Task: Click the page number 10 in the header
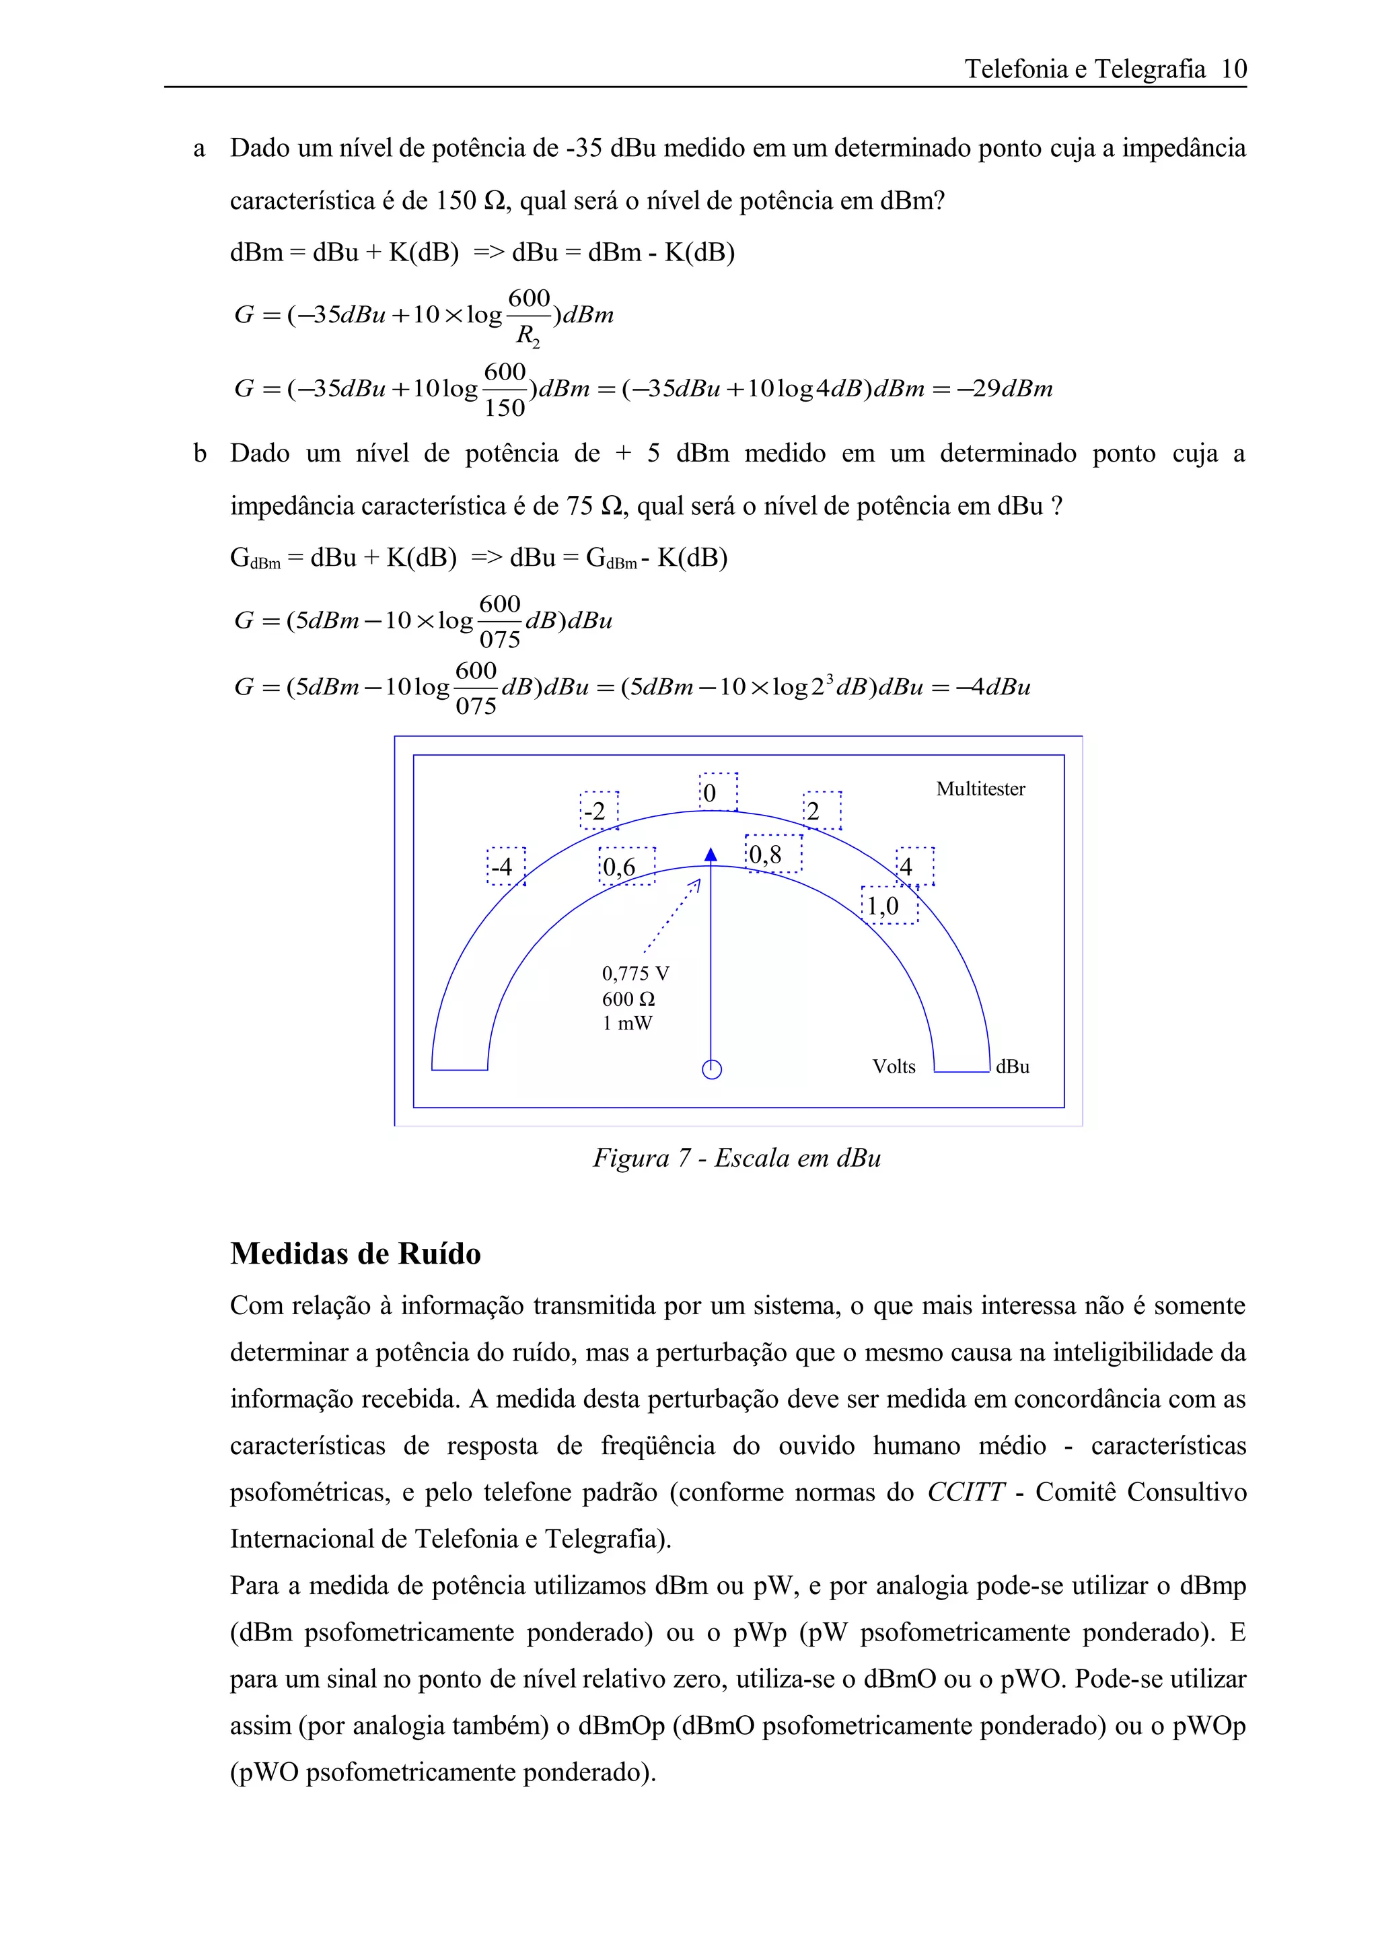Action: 1233,69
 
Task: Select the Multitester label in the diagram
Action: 980,789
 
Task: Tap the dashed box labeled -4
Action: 505,866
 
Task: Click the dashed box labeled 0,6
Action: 626,866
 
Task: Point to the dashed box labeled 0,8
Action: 772,854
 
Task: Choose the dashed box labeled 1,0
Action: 888,906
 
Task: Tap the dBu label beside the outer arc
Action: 1012,1067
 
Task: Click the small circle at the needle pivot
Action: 711,1069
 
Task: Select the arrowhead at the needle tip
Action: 711,855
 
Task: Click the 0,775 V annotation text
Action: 635,973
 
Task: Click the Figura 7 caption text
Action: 736,1157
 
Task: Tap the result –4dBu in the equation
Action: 992,686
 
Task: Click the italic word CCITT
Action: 964,1492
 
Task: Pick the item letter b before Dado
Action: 200,454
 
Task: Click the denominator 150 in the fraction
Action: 505,408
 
